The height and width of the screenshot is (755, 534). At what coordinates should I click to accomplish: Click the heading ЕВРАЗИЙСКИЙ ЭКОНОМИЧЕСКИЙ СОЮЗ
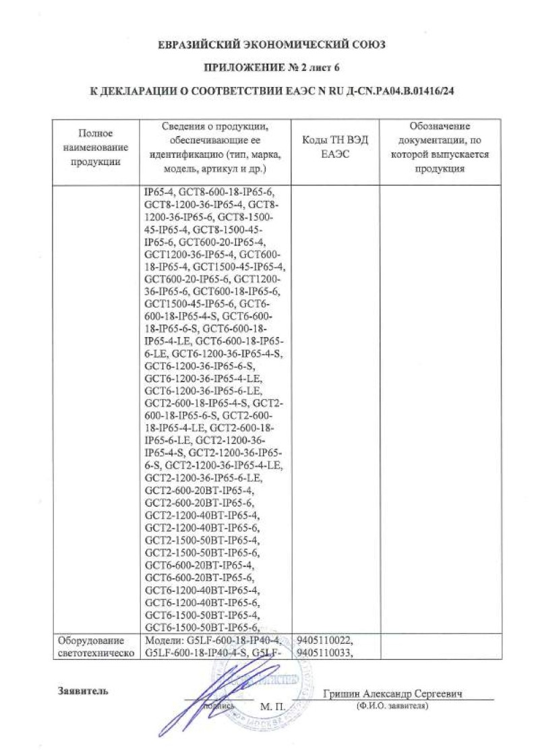point(270,46)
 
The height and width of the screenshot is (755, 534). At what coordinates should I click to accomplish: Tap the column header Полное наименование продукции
point(95,147)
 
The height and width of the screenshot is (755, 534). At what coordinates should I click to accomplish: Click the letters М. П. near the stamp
point(272,706)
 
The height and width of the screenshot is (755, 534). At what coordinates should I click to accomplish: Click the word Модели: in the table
point(161,640)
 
